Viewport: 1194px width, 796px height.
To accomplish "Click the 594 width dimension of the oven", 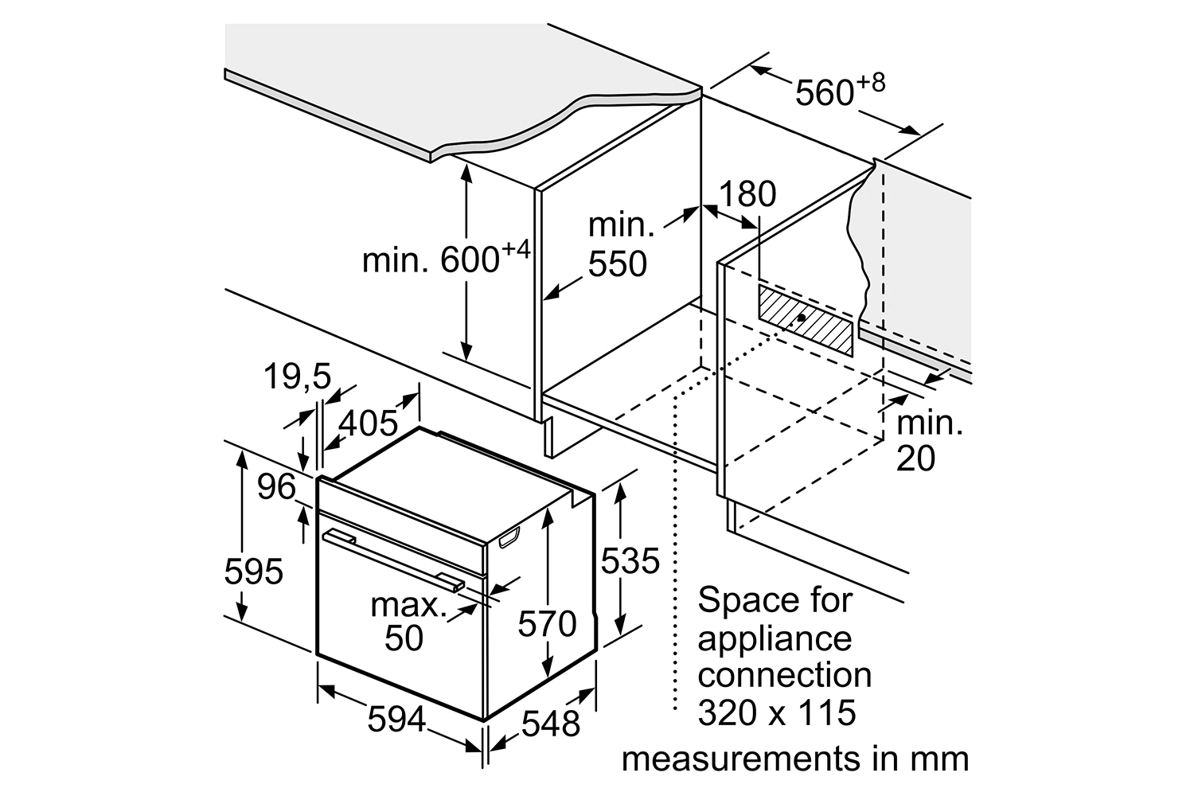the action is pos(396,720).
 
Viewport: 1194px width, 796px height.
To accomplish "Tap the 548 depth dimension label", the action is pos(551,724).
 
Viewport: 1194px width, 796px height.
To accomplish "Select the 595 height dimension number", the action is pos(253,572).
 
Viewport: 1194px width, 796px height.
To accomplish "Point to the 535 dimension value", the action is pos(630,561).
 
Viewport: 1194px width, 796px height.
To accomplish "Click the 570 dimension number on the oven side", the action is pos(547,624).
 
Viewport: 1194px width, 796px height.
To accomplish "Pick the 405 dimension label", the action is pos(369,423).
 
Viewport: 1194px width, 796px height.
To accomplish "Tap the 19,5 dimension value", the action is pos(298,377).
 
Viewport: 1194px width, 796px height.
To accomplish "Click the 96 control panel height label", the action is pos(276,487).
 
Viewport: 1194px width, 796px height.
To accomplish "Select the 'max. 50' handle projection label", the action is pos(408,622).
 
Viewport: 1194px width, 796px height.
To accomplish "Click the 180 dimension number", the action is pos(747,193).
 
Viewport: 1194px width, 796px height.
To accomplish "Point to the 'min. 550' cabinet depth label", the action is pos(621,244).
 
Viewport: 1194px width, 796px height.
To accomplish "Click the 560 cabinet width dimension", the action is pos(840,89).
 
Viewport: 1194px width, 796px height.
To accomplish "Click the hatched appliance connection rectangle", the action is pos(806,321).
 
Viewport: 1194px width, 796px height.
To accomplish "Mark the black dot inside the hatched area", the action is pos(801,318).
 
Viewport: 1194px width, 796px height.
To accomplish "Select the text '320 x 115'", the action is pos(777,713).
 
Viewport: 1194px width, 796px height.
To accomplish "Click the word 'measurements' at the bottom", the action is pos(741,759).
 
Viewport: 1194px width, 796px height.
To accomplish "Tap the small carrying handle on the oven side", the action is pos(509,538).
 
